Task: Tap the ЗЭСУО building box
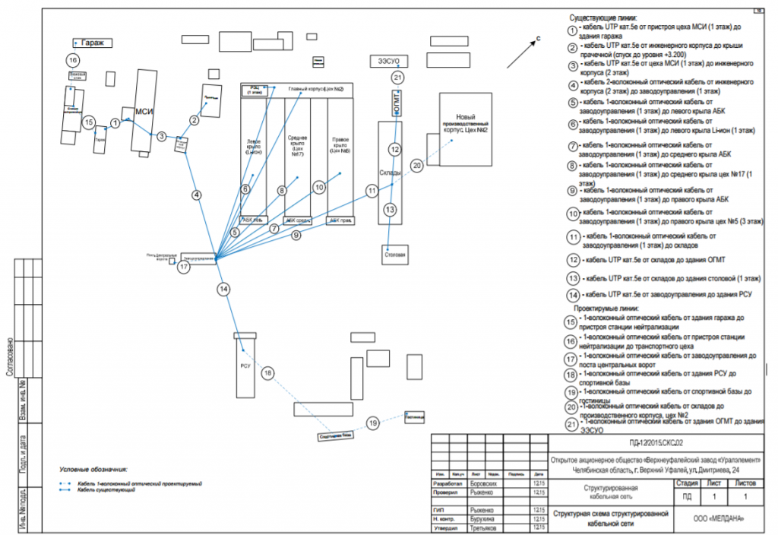[x=388, y=60]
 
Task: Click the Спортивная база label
[x=335, y=435]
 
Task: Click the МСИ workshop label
[x=144, y=112]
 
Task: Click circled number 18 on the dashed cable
[x=267, y=373]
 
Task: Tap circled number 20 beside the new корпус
[x=416, y=164]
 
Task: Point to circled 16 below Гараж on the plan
[x=73, y=60]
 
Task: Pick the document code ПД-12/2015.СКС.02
[x=656, y=442]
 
